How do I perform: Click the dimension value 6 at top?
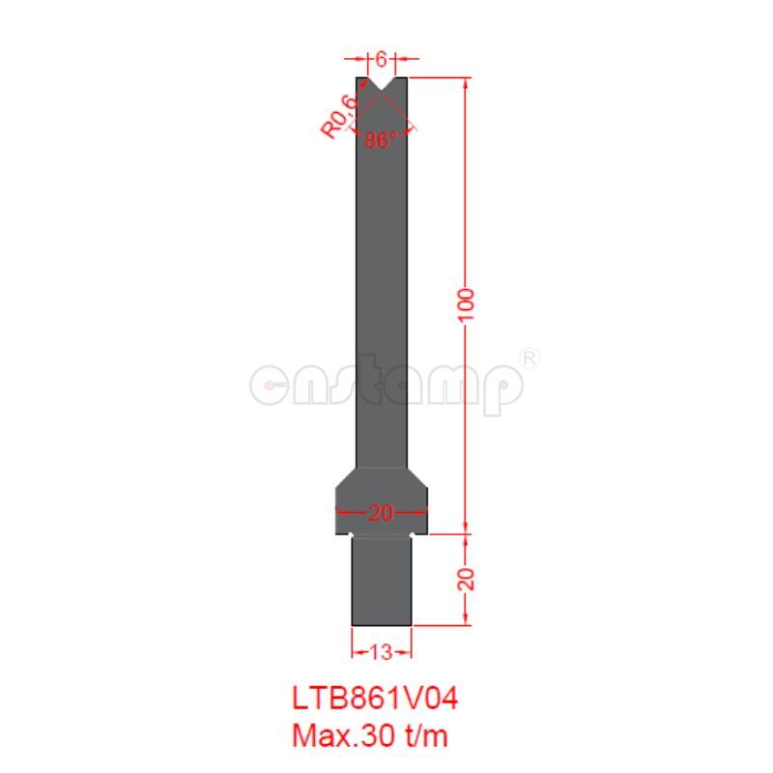[x=382, y=60]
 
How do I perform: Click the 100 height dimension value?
[x=467, y=307]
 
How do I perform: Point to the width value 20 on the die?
[x=382, y=513]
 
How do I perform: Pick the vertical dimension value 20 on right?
[x=467, y=579]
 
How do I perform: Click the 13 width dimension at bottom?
[x=381, y=652]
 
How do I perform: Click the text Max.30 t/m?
[x=370, y=735]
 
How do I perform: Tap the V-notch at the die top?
[x=382, y=88]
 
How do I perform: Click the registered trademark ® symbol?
[x=530, y=358]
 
